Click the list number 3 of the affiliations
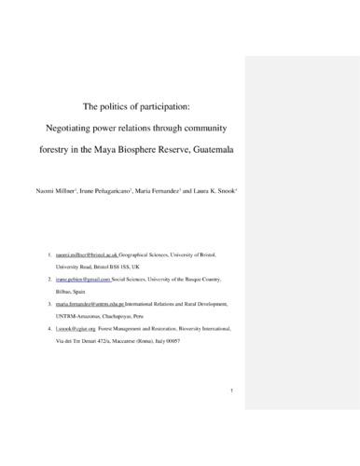click(x=48, y=304)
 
